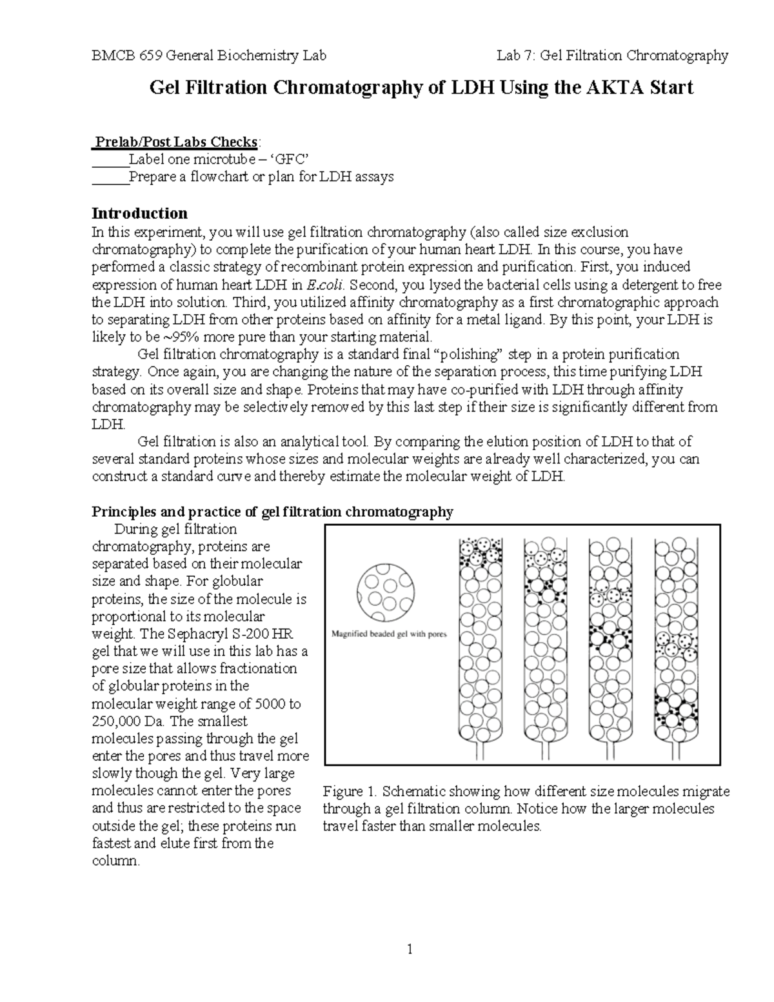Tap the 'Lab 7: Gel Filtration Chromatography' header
point(612,55)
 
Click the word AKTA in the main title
point(608,87)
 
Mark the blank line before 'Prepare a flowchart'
point(110,177)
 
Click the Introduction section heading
point(139,214)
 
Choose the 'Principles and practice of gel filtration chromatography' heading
point(272,512)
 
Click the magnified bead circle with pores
point(384,588)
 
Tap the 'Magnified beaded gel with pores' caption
point(389,634)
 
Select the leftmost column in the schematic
point(479,645)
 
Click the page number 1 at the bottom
point(409,948)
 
